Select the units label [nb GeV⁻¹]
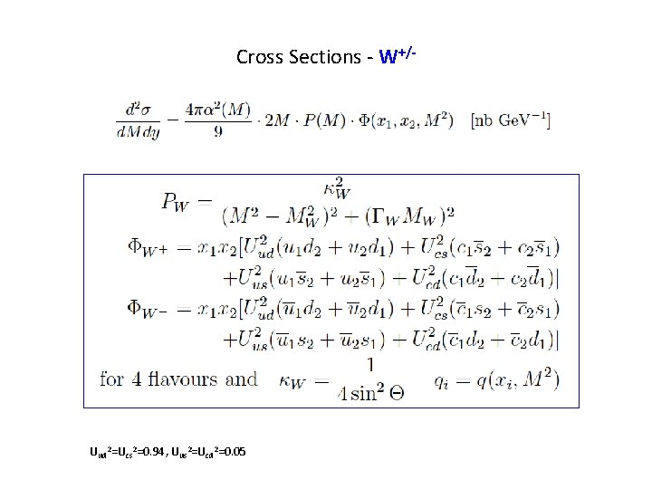click(x=512, y=120)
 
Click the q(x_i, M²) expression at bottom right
click(x=516, y=379)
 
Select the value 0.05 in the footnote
click(x=231, y=452)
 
